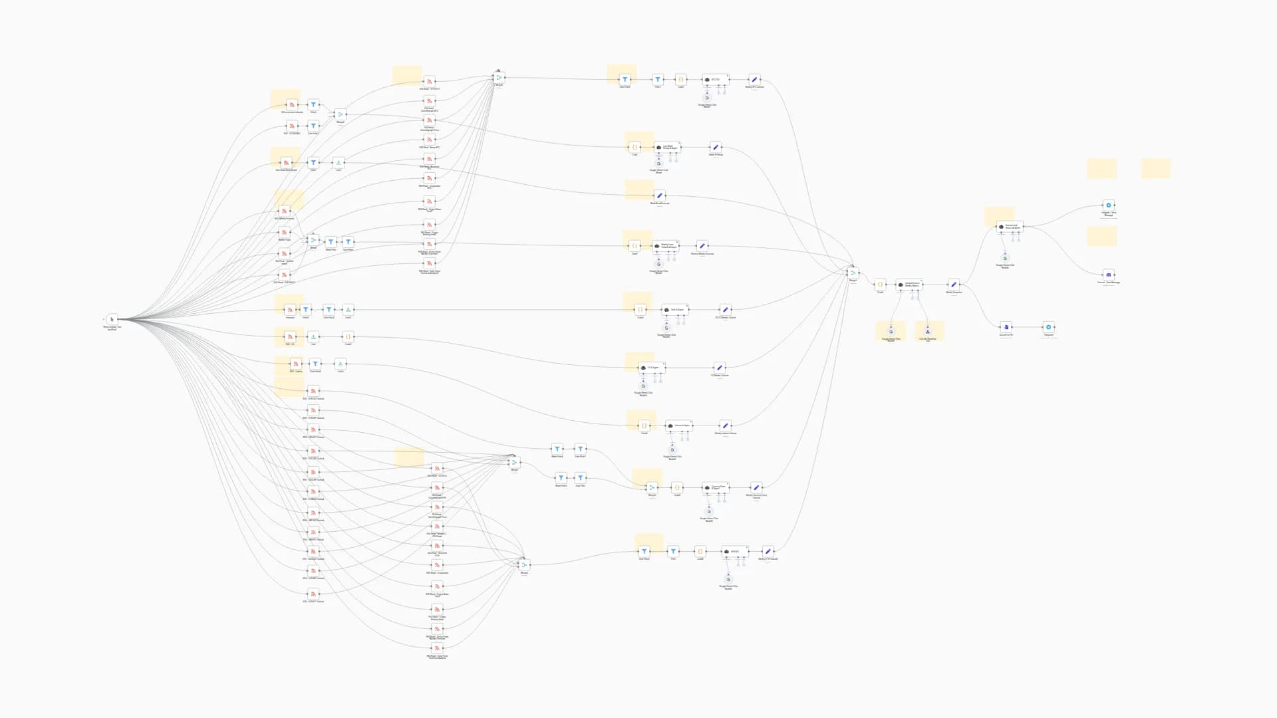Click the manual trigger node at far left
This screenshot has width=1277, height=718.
tap(112, 319)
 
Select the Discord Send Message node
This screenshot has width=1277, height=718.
tap(1108, 275)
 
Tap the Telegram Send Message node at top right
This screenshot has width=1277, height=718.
tap(1108, 205)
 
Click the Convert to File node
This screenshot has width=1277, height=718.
tap(1006, 327)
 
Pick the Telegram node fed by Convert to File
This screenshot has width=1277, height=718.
tap(1048, 327)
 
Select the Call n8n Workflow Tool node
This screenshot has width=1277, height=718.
tap(927, 332)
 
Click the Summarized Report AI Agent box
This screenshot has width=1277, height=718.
tap(1010, 227)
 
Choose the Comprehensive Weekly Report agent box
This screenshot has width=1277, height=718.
tap(909, 284)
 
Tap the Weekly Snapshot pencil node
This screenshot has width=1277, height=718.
tap(954, 285)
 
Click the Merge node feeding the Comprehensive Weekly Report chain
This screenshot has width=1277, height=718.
tap(853, 273)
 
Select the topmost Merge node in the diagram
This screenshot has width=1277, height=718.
tap(499, 78)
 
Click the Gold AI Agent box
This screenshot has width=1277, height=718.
tap(674, 310)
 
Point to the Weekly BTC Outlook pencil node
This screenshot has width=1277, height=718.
tap(754, 80)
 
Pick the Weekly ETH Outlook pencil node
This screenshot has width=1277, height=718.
tap(768, 551)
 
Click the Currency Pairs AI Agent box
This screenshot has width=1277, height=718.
tap(715, 487)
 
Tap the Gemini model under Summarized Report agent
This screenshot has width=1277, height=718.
tap(1005, 258)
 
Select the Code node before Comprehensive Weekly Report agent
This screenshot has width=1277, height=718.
tap(880, 285)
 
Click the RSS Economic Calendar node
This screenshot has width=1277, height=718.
tap(291, 105)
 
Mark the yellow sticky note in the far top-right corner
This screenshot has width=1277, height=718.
tap(1155, 168)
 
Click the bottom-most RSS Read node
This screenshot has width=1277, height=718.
tap(438, 648)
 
